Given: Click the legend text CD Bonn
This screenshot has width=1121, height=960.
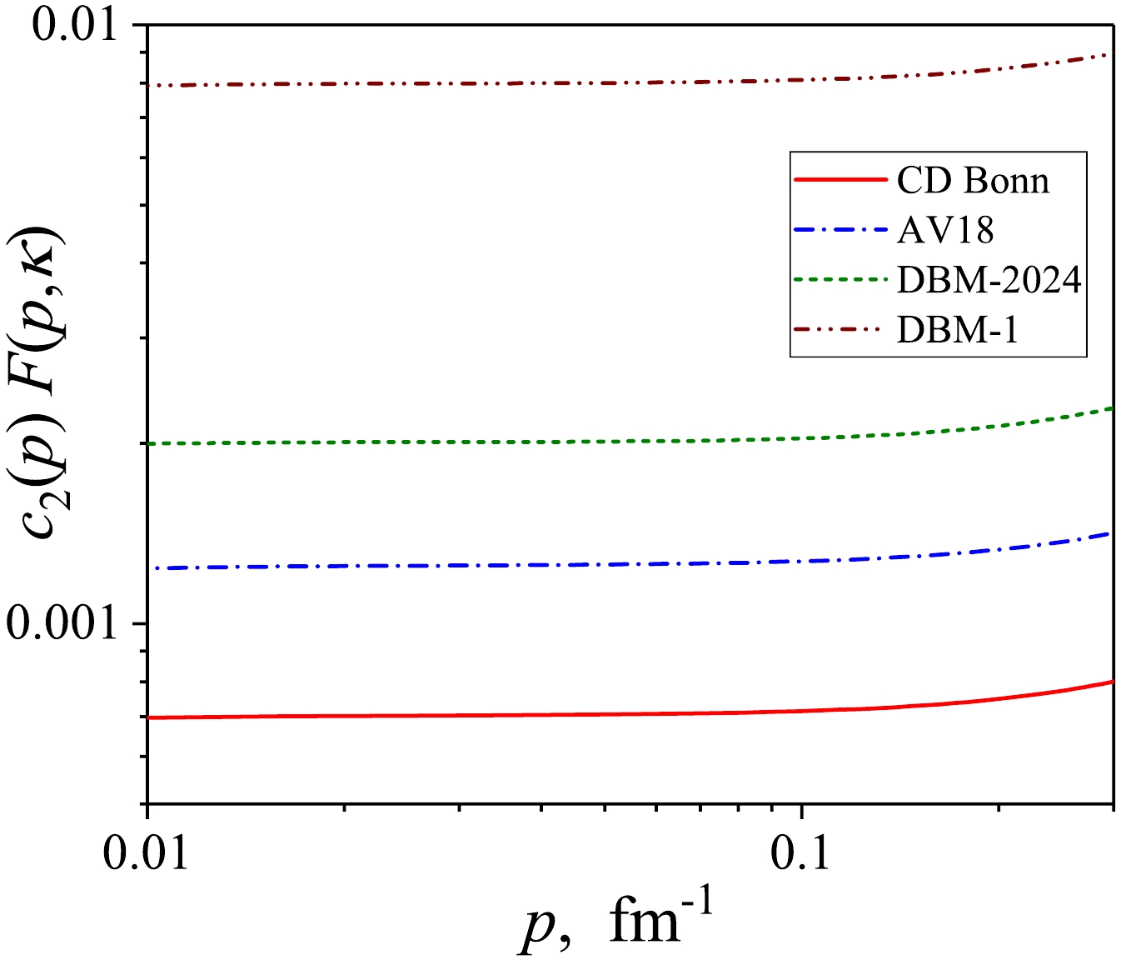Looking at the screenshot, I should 973,181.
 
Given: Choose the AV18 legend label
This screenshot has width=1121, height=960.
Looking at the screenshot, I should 945,231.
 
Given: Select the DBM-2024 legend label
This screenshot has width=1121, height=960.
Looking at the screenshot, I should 989,281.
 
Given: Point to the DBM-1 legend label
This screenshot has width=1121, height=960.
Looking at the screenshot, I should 958,331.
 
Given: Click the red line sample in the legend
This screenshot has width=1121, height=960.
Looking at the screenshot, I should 840,180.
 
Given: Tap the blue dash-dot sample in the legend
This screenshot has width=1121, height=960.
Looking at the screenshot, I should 840,230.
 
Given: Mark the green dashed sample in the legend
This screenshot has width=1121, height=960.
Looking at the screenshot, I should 840,280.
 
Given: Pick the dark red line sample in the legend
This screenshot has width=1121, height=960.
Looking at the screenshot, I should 840,330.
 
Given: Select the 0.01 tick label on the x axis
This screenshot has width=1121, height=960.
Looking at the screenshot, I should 147,852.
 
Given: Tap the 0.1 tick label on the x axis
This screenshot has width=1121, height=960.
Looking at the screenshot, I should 800,852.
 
